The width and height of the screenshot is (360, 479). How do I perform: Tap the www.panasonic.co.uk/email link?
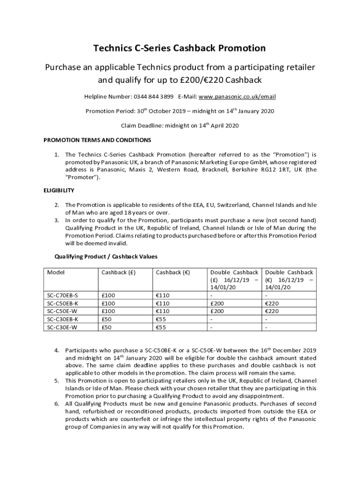pos(237,97)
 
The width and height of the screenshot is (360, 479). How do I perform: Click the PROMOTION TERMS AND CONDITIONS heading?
pos(97,140)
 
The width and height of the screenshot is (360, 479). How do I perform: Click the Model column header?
pos(56,272)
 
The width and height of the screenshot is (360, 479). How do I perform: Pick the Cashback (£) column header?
pos(118,272)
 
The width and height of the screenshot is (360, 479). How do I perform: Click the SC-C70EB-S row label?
pos(63,296)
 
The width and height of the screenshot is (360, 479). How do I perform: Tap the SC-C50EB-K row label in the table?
pos(63,304)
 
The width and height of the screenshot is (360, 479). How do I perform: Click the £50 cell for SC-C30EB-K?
pos(107,319)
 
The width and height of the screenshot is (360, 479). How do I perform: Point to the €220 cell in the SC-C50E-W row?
pos(273,312)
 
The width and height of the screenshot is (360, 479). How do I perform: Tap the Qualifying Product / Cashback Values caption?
pos(106,257)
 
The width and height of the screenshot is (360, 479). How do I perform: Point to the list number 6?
pos(56,404)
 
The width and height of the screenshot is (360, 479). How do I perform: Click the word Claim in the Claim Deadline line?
pos(129,126)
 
